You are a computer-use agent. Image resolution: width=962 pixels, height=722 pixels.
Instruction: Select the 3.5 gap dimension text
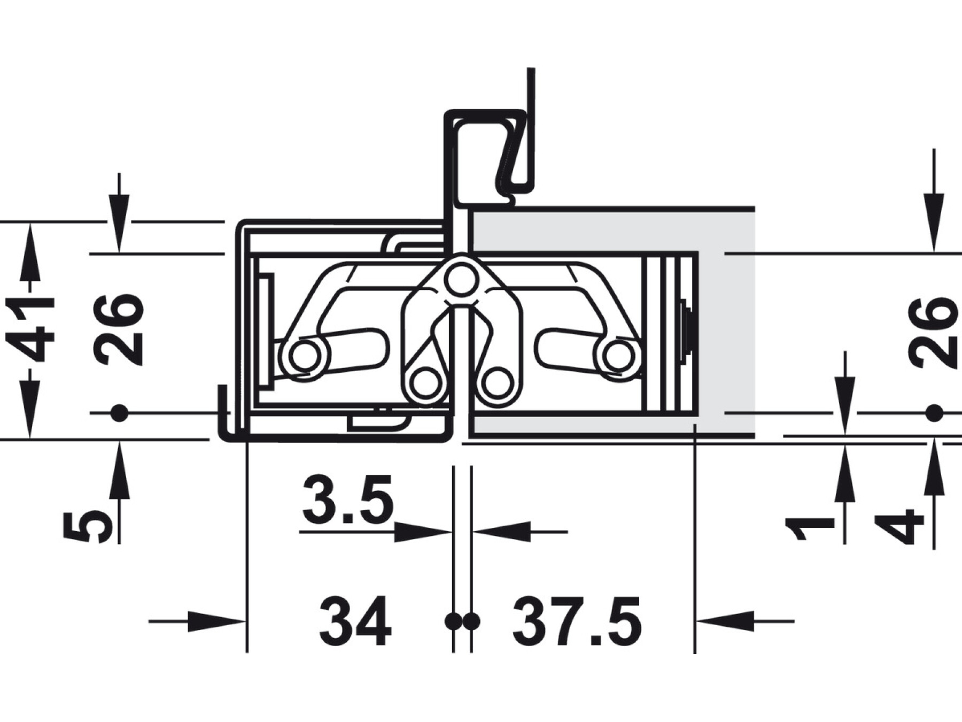click(347, 501)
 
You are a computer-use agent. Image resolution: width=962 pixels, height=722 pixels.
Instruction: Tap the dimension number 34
click(356, 621)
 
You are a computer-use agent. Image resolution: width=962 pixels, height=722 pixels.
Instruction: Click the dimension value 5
click(87, 528)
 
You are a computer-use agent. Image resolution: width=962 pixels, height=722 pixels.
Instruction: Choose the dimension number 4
click(900, 528)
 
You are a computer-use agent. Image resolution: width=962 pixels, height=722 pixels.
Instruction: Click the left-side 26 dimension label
click(118, 329)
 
